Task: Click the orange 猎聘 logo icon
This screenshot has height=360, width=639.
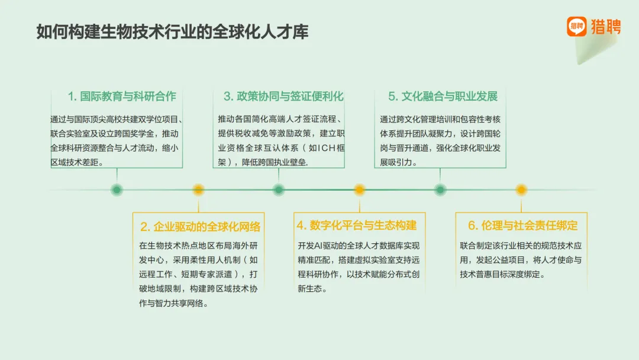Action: click(576, 27)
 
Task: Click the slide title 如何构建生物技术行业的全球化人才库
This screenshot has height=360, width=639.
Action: click(172, 31)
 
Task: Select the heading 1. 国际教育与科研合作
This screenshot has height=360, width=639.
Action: click(122, 97)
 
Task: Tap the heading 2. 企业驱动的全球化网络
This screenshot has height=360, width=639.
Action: click(200, 227)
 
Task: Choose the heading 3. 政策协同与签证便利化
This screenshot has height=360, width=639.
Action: click(283, 97)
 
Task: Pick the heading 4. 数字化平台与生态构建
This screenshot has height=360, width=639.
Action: click(357, 225)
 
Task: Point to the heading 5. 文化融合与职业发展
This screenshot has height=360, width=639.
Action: click(443, 97)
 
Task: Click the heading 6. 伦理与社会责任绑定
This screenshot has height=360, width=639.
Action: click(523, 225)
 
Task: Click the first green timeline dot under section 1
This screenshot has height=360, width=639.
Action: click(117, 190)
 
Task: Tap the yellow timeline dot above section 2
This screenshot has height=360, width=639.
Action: click(198, 190)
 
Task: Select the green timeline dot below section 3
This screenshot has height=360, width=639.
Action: click(279, 190)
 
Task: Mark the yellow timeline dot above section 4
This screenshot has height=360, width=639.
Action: click(359, 190)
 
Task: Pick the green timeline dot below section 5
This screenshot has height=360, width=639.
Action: click(440, 190)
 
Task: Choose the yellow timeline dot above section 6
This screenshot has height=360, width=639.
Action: click(521, 190)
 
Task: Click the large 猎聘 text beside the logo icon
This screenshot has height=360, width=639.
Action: click(606, 27)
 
